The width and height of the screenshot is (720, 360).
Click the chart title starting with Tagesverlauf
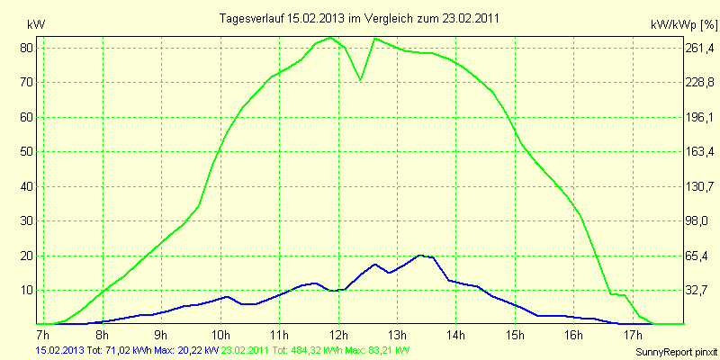click(x=360, y=18)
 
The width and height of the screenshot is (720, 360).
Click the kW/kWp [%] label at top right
click(x=680, y=24)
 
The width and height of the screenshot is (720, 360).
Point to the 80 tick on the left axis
click(x=27, y=48)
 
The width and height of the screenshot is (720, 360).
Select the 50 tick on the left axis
click(x=27, y=151)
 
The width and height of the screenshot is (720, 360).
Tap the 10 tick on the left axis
click(x=27, y=290)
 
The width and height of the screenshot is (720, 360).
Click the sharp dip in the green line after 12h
click(x=361, y=80)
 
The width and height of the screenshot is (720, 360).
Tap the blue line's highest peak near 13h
click(x=420, y=256)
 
